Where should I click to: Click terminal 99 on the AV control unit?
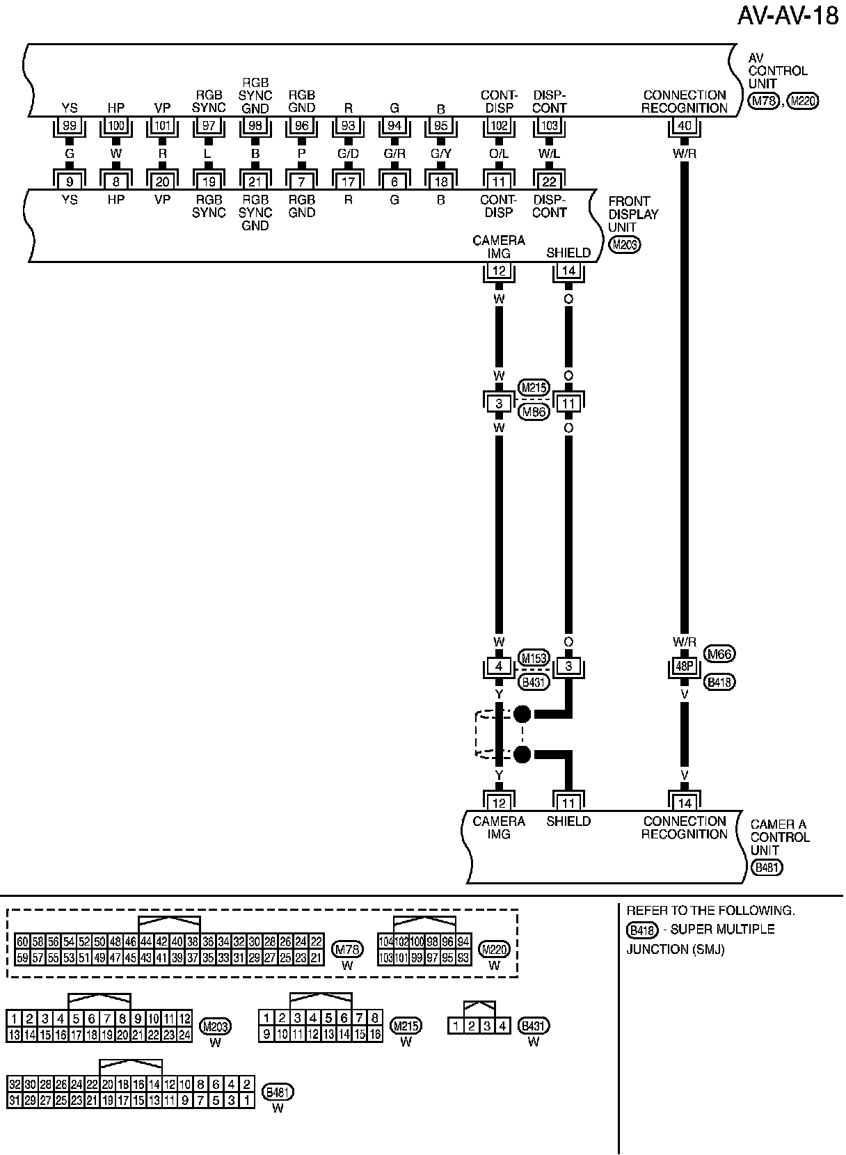[70, 126]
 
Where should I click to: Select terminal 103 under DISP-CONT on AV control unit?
[550, 126]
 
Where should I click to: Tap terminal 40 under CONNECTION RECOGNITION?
[685, 126]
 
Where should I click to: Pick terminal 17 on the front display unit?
[348, 182]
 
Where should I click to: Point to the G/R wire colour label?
[394, 154]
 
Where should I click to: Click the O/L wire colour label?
[499, 154]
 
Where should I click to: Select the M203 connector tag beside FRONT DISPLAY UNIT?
[623, 244]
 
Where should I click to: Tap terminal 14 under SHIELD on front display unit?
[569, 271]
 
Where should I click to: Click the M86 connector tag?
[534, 412]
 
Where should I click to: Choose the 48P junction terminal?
[685, 667]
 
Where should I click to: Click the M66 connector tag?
[720, 654]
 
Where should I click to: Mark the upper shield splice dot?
[522, 714]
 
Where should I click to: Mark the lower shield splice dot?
[522, 754]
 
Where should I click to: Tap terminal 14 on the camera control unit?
[685, 802]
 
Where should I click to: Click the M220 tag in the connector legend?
[494, 949]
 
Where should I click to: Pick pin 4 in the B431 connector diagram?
[502, 1026]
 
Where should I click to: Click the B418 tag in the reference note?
[641, 930]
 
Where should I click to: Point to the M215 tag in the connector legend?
[406, 1026]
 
